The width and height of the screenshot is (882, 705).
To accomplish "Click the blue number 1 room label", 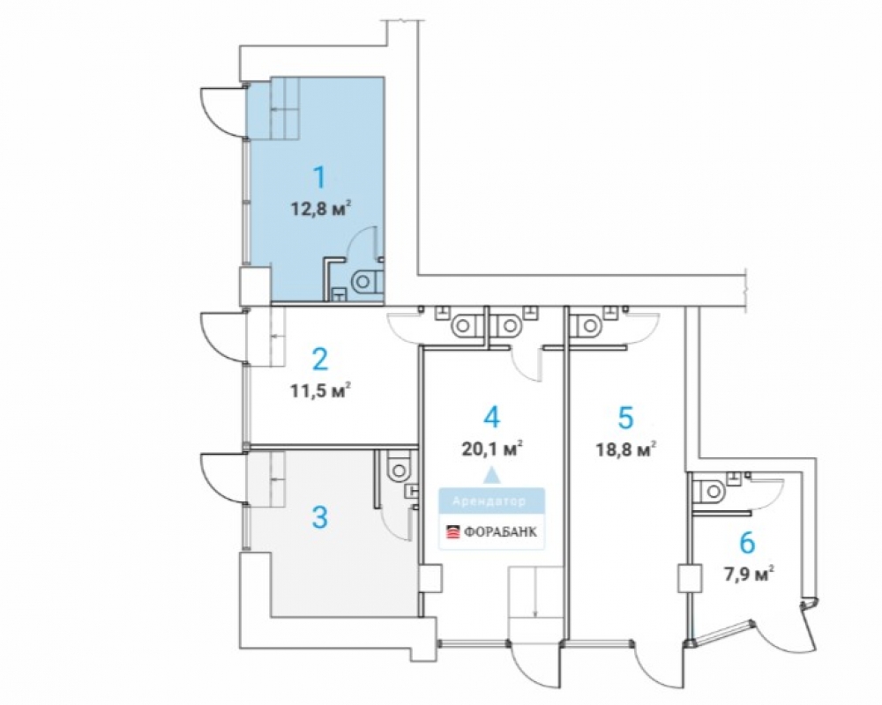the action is click(x=319, y=177).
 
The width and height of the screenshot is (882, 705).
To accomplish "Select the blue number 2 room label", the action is click(x=319, y=360).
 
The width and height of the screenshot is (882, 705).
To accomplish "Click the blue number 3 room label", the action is click(x=319, y=517).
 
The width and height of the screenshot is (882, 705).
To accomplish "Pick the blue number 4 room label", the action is click(x=491, y=418).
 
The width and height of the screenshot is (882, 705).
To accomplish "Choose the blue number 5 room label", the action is click(x=625, y=418).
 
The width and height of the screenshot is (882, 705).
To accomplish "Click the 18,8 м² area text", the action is click(x=626, y=449).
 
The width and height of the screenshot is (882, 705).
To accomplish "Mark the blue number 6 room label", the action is click(x=747, y=544).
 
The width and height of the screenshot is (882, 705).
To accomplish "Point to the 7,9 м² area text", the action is click(x=748, y=575).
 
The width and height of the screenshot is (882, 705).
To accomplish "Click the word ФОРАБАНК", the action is click(x=500, y=532).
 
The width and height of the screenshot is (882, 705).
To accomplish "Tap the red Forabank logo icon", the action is click(x=452, y=532).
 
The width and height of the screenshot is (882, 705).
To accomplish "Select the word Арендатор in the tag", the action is click(x=490, y=501).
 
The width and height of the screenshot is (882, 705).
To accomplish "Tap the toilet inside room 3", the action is click(x=399, y=467).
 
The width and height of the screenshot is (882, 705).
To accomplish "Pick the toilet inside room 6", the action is click(x=712, y=492).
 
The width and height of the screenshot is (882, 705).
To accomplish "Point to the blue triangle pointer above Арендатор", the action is click(x=492, y=476).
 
